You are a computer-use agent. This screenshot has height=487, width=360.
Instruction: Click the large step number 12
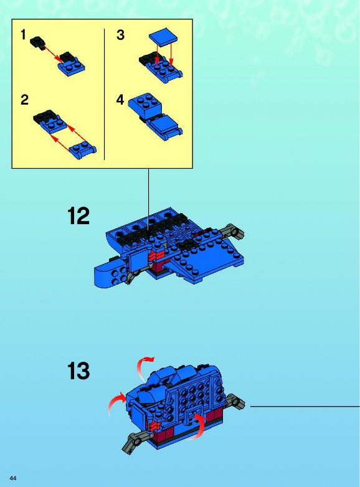[x=78, y=216]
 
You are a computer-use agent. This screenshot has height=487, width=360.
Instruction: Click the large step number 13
[x=78, y=371]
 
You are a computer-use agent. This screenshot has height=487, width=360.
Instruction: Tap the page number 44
[x=13, y=478]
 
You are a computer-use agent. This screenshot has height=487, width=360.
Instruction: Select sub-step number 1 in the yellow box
[x=23, y=34]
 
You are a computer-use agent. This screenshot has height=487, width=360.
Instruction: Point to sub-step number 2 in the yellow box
[x=24, y=100]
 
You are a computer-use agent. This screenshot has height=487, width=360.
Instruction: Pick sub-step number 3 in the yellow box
[x=120, y=35]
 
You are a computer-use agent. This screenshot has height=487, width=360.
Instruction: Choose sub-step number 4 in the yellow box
[x=120, y=100]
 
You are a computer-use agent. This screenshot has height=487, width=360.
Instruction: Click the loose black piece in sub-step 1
[x=37, y=42]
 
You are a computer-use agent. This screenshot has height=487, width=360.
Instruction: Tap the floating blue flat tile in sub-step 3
[x=163, y=35]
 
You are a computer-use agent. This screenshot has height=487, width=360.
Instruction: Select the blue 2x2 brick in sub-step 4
[x=145, y=105]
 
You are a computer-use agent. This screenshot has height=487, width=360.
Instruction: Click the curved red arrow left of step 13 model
[x=116, y=402]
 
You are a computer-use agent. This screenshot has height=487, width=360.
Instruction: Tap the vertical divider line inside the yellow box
[x=105, y=95]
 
